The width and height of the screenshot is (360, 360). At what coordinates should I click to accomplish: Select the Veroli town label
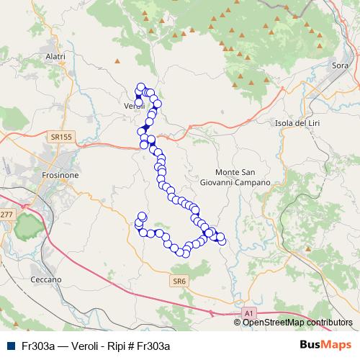[x=135, y=106]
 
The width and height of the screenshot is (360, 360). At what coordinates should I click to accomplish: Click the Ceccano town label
[x=46, y=279]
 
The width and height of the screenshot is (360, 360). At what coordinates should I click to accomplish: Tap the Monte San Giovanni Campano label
[x=243, y=177]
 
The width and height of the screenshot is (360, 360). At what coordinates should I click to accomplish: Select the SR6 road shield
[x=180, y=281]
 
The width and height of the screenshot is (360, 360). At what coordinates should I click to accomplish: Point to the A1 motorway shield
[x=248, y=313]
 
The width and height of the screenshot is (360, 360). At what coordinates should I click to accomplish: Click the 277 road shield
[x=6, y=215]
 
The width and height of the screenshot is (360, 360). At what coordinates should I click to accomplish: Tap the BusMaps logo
[x=325, y=345]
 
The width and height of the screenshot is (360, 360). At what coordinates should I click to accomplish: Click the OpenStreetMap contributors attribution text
[x=297, y=323]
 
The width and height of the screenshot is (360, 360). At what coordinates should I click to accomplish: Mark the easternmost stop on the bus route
[x=221, y=238]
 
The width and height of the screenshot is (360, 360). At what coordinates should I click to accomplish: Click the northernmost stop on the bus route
[x=141, y=87]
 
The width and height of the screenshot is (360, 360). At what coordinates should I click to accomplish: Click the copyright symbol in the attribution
[x=238, y=323]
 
